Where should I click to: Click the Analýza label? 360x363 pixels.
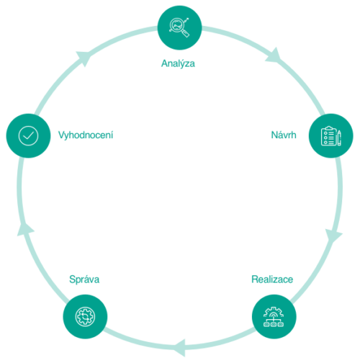coord(178,63)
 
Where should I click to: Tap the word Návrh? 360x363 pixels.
coord(284,135)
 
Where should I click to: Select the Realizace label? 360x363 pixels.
coord(272,279)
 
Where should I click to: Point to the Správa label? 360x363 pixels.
coord(84,280)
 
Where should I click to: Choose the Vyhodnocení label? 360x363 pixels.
coord(86,135)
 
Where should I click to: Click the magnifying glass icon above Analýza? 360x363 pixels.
coord(179,27)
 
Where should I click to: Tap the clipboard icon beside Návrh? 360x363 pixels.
coord(331,135)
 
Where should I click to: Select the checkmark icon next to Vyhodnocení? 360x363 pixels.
coord(28,136)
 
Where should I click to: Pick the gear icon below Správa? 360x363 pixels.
coord(85,316)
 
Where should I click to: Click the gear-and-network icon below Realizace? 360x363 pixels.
coord(274,317)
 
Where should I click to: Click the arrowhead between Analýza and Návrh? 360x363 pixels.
coord(274,56)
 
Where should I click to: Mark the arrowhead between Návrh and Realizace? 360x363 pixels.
coord(333,236)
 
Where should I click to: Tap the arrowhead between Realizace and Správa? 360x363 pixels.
coord(180,348)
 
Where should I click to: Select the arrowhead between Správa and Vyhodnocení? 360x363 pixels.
coord(25,229)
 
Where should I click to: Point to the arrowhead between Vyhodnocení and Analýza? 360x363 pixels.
coord(84,58)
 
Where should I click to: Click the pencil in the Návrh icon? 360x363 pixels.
coord(339,138)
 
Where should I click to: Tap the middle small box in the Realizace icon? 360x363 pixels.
coord(274,325)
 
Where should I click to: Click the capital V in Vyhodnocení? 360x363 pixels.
coord(61,135)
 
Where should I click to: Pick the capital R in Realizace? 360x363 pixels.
coord(255,279)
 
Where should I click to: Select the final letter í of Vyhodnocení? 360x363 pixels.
coord(112,135)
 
